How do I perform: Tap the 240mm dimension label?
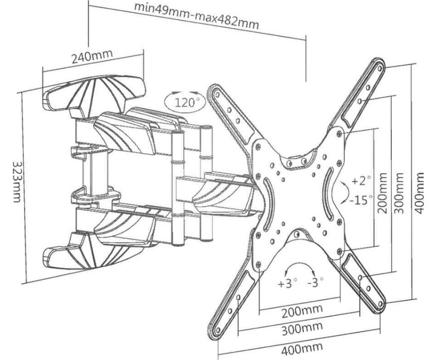pyautogui.click(x=92, y=56)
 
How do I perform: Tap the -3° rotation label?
pyautogui.click(x=315, y=283)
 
